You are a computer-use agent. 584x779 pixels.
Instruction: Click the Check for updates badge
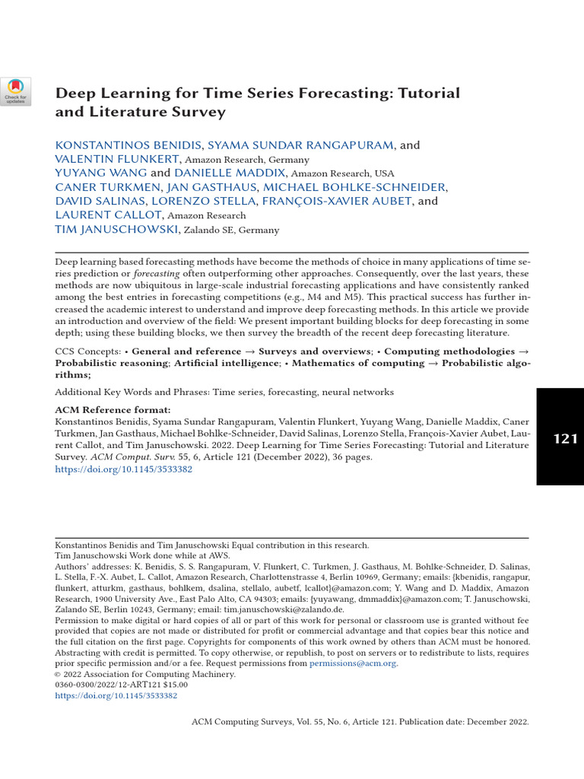15,91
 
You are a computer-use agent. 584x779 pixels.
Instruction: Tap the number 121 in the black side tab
565,438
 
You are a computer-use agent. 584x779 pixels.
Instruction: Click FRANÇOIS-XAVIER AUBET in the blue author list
337,201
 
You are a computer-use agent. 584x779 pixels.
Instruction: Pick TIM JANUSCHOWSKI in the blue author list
116,229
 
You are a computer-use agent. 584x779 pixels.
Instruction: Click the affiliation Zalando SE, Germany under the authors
231,230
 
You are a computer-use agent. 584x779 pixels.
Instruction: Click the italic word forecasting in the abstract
157,274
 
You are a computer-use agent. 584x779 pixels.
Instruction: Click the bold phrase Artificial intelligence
227,364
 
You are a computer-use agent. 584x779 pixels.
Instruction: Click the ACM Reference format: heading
113,410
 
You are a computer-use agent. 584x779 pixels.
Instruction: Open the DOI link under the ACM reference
123,470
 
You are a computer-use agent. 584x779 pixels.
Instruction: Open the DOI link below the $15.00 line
116,695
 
